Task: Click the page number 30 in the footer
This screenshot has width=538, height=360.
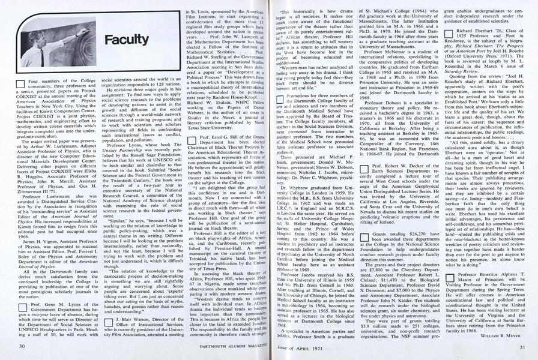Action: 22,347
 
